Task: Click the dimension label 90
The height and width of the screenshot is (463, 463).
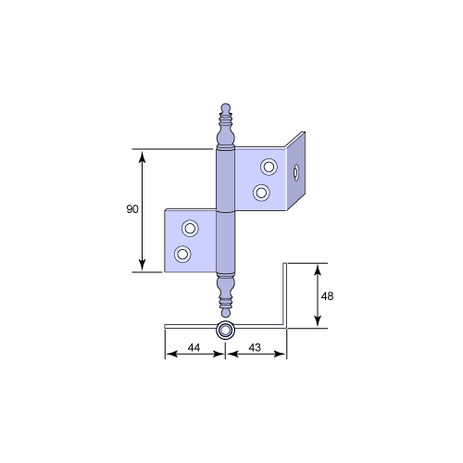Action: pos(132,209)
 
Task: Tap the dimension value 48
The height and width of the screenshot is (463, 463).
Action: pos(327,296)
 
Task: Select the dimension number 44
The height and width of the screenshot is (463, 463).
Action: pos(194,347)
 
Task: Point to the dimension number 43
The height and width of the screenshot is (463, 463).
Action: pos(255,347)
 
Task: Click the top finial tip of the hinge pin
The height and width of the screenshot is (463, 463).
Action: pos(226,104)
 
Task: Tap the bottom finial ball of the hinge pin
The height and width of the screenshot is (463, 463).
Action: pos(226,313)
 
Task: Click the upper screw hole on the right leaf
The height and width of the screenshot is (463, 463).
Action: pos(269,167)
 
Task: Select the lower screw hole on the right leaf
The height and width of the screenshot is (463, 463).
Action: pos(261,193)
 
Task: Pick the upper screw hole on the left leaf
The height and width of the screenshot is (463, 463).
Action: pos(190,229)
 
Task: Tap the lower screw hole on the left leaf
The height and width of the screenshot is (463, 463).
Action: pos(182,255)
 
